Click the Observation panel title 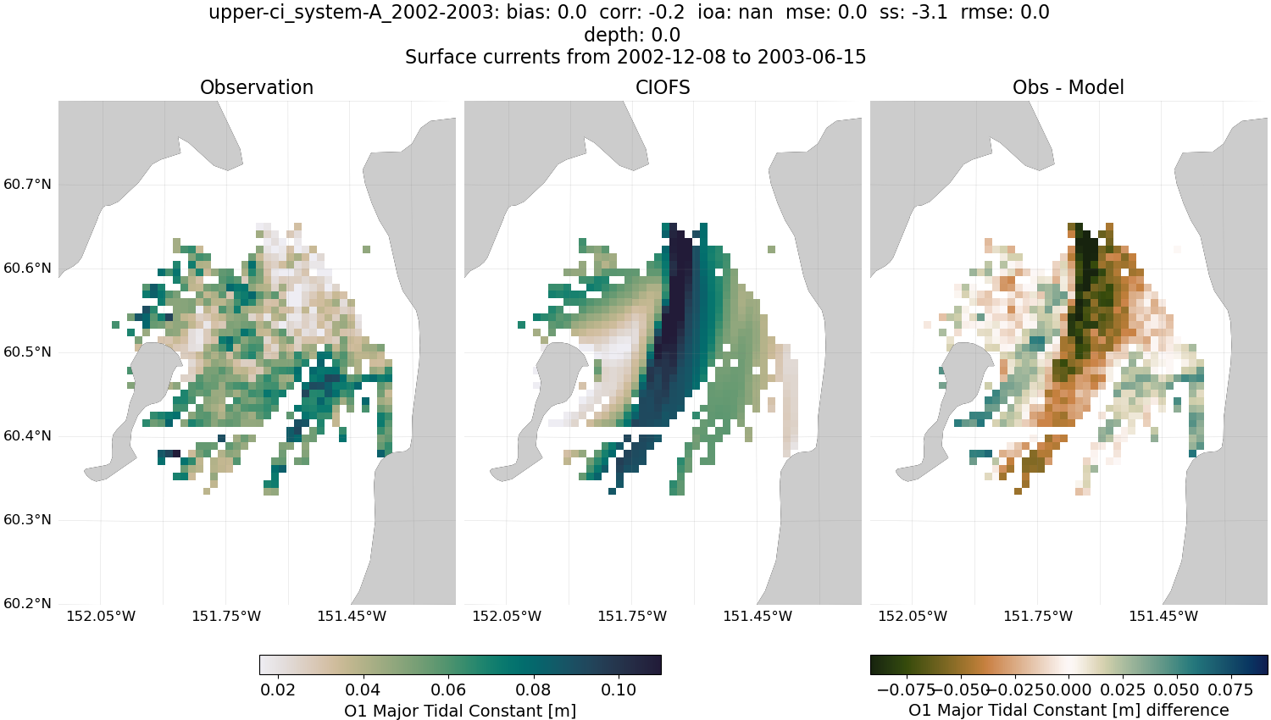(256, 87)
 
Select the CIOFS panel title (663, 87)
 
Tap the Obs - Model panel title (1068, 87)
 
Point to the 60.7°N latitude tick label (27, 185)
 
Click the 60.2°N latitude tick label (27, 604)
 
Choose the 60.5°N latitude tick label (27, 352)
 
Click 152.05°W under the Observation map (101, 616)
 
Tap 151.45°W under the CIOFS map (758, 616)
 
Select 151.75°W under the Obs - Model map (1038, 616)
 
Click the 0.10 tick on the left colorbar (619, 690)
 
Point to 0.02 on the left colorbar (278, 690)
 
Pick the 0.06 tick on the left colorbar (448, 690)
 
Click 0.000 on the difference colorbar (1069, 690)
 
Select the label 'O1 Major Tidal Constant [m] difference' (1068, 711)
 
